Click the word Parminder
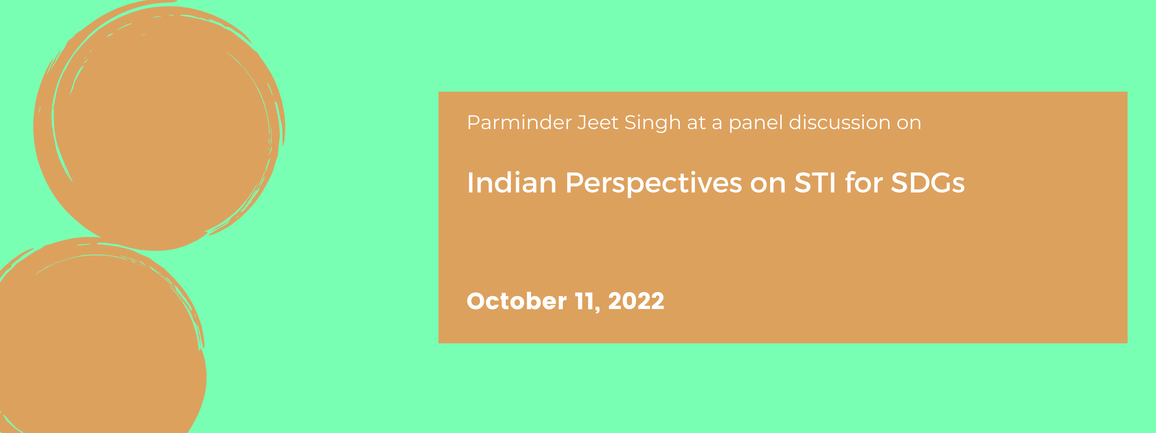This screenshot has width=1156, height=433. click(x=519, y=122)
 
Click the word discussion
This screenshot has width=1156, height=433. click(x=840, y=122)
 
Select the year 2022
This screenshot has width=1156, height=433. click(x=636, y=301)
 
